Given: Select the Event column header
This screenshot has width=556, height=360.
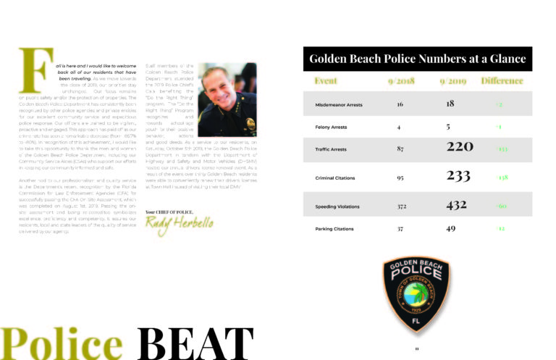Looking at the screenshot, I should pyautogui.click(x=325, y=80).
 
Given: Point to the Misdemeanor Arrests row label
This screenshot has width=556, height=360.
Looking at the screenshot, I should pyautogui.click(x=340, y=105).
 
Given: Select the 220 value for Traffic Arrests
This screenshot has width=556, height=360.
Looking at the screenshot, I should pyautogui.click(x=460, y=148).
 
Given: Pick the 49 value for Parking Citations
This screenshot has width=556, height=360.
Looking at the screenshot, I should pyautogui.click(x=451, y=229).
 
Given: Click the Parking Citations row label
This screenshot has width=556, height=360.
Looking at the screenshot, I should pyautogui.click(x=335, y=229).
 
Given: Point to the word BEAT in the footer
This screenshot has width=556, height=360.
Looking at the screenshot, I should pyautogui.click(x=195, y=344).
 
